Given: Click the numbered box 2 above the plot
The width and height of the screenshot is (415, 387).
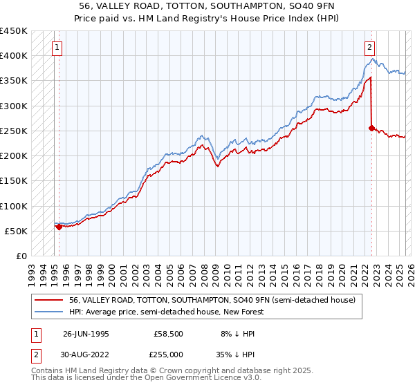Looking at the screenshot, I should (x=370, y=48).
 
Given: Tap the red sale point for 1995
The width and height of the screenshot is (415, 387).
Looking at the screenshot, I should (x=59, y=226).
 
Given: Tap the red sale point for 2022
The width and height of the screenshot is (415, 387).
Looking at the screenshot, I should (x=371, y=128).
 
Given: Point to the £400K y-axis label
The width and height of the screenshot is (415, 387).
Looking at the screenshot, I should (x=14, y=56).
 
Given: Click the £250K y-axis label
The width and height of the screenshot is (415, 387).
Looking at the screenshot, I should (x=14, y=131).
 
